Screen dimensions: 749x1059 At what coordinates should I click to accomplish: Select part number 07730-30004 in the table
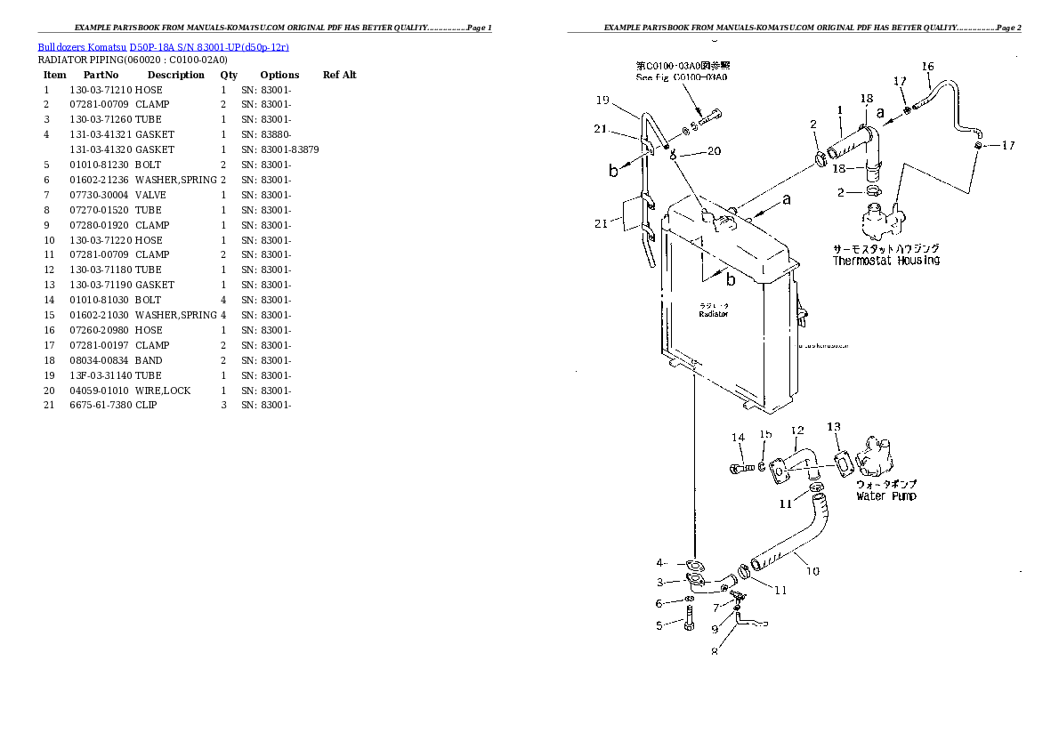click(x=100, y=195)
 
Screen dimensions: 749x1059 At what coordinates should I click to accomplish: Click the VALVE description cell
click(x=150, y=195)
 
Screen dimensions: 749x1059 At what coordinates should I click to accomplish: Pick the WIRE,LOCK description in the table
click(x=163, y=391)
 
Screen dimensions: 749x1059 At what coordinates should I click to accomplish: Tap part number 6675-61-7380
click(x=100, y=406)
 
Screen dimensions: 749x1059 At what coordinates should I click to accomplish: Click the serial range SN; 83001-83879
click(x=279, y=149)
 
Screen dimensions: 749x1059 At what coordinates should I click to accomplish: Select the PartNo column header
click(x=101, y=75)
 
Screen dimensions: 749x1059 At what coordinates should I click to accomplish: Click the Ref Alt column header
click(x=339, y=75)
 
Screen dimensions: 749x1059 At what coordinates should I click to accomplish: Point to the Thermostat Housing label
click(x=885, y=261)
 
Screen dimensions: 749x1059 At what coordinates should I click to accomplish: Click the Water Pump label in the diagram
click(x=885, y=496)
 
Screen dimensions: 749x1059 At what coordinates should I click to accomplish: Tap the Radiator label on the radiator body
click(x=713, y=314)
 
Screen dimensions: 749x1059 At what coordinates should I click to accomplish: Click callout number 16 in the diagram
click(x=927, y=67)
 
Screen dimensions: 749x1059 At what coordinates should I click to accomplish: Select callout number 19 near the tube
click(x=602, y=100)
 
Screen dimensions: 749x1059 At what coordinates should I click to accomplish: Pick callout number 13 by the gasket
click(x=833, y=427)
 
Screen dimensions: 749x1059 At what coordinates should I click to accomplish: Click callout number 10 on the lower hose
click(x=812, y=571)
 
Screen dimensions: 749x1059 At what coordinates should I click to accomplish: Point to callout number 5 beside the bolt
click(x=659, y=625)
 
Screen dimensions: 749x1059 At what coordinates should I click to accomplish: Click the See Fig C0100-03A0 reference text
click(x=681, y=77)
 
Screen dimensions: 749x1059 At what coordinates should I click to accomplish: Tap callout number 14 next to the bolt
click(x=738, y=437)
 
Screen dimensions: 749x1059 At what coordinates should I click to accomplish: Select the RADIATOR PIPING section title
click(x=132, y=60)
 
